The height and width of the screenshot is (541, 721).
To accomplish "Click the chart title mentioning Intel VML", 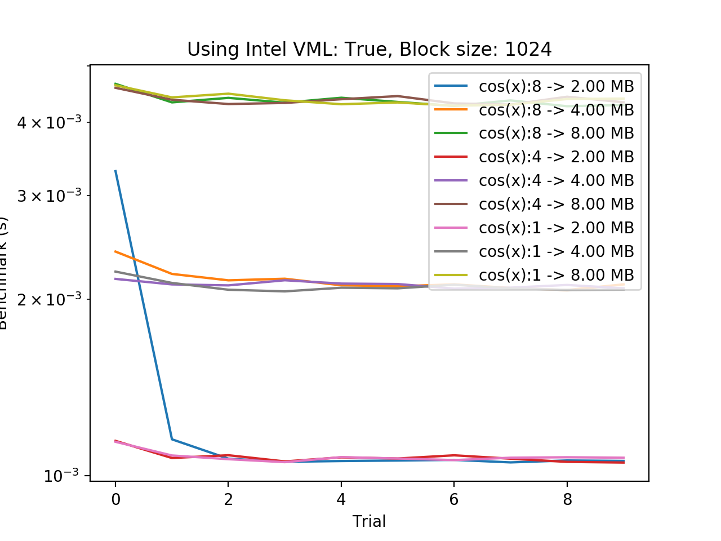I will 369,50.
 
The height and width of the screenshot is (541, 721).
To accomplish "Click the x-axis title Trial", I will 369,521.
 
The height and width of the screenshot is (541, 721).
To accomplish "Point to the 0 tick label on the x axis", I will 115,499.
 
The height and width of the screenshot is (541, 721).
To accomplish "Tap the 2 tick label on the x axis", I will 228,499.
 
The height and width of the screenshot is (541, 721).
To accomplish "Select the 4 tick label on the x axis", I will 341,499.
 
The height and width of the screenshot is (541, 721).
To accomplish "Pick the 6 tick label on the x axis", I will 454,499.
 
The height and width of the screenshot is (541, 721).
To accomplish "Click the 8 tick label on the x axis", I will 567,499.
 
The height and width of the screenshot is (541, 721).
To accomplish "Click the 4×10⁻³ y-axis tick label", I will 49,122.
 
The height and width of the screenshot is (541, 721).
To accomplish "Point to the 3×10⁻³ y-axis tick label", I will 49,196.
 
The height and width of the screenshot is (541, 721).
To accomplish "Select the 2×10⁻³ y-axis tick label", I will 49,299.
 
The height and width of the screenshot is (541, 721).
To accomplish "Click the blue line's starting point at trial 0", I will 115,171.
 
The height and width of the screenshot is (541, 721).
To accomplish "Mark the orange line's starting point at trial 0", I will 115,251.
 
